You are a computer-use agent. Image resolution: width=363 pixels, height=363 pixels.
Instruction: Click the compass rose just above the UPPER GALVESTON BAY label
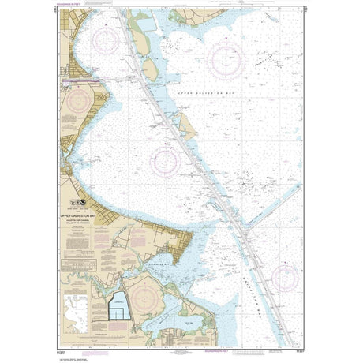(226, 59)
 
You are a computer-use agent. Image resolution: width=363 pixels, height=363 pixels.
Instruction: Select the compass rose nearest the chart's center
(166, 162)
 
